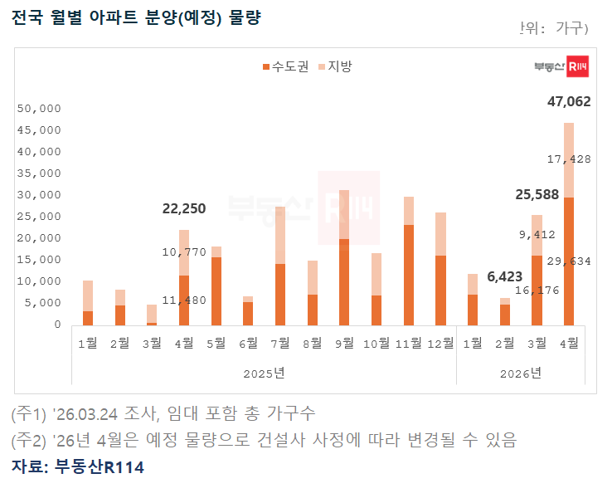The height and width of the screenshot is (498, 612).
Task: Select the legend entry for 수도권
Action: [x=285, y=66]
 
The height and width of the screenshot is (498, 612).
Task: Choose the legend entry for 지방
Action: [x=335, y=66]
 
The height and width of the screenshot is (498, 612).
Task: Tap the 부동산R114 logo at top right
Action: [x=561, y=67]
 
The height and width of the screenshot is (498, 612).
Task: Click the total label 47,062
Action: [x=569, y=102]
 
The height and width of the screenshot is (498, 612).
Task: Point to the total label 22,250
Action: [x=184, y=208]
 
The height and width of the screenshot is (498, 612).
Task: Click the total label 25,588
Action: [x=537, y=194]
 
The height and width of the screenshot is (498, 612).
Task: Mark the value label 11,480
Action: [x=184, y=300]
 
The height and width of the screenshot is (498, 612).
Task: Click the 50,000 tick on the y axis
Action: [x=39, y=109]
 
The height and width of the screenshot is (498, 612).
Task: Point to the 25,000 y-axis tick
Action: [x=39, y=217]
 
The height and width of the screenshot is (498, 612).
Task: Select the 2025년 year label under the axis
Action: [x=264, y=373]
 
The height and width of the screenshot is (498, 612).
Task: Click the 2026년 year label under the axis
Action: [x=521, y=373]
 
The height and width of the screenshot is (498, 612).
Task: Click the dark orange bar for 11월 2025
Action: [x=409, y=274]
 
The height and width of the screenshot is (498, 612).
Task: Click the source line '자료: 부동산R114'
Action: [x=78, y=467]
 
